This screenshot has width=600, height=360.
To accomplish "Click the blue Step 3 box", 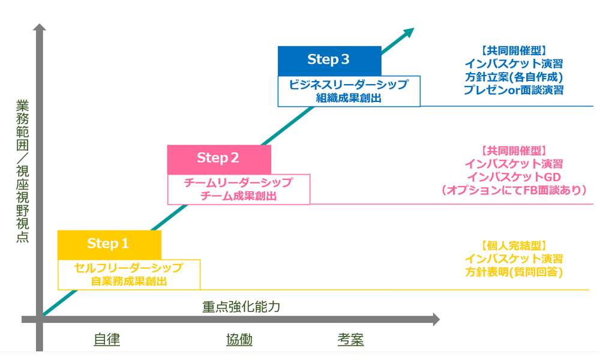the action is click(x=329, y=61).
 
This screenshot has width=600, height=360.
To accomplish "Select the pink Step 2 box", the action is click(x=219, y=160).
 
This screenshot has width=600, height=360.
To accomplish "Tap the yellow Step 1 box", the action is click(x=109, y=245).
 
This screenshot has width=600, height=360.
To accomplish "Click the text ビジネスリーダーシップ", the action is click(x=349, y=84).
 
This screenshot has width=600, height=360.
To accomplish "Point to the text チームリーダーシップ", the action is click(x=238, y=182).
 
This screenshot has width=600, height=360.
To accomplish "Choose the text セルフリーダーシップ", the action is click(x=128, y=268).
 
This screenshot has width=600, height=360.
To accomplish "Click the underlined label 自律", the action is click(x=107, y=340).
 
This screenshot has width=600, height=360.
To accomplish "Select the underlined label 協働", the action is click(x=239, y=340).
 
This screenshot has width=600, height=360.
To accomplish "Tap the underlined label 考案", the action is click(x=350, y=340).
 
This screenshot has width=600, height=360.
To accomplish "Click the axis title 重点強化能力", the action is click(x=241, y=307).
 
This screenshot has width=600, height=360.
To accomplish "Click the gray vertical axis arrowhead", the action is click(x=39, y=27).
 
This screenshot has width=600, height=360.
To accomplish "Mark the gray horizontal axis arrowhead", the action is click(x=436, y=319).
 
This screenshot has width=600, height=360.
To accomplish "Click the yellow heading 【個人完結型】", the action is click(x=514, y=245).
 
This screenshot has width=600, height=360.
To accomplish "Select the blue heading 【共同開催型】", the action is click(x=514, y=50).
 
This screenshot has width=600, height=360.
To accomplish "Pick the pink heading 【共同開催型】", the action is click(x=514, y=151).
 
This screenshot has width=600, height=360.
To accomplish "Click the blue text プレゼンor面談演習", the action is click(x=514, y=90).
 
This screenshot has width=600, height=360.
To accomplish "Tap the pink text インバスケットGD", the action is click(x=514, y=177).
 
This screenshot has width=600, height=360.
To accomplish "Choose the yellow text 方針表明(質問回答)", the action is click(x=514, y=272).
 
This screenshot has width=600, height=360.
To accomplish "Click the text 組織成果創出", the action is click(x=349, y=98).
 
